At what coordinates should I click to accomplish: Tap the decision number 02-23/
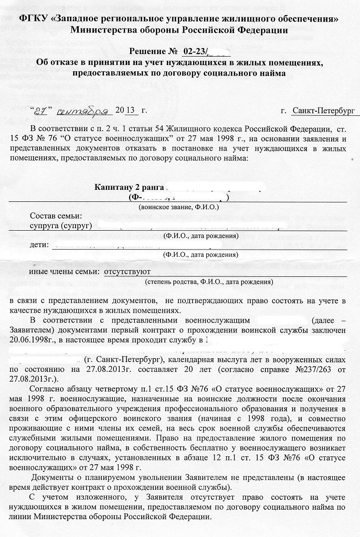(x=195, y=51)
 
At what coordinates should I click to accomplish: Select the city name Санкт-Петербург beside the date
(x=323, y=111)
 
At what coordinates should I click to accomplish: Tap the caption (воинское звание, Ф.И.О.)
(x=178, y=207)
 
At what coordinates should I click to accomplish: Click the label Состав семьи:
(x=56, y=216)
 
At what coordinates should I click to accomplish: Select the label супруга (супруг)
(x=61, y=225)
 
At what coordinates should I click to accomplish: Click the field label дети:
(x=39, y=244)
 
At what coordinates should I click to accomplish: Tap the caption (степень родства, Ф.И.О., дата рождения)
(x=209, y=282)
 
